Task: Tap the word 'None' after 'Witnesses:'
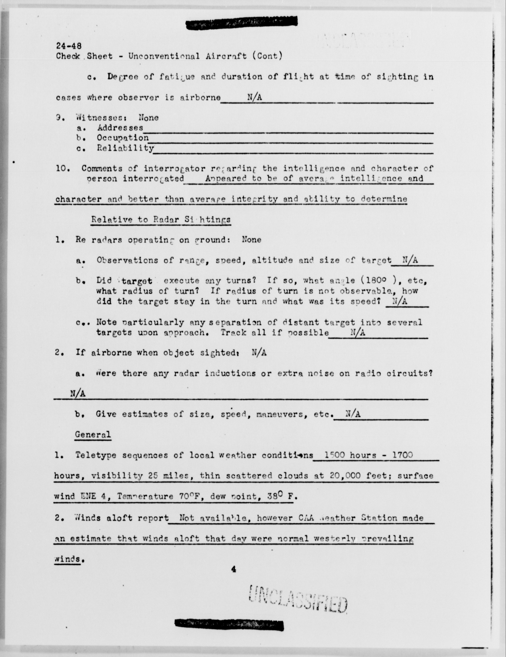pos(149,118)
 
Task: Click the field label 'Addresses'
pos(120,128)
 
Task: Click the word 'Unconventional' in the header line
pos(164,56)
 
